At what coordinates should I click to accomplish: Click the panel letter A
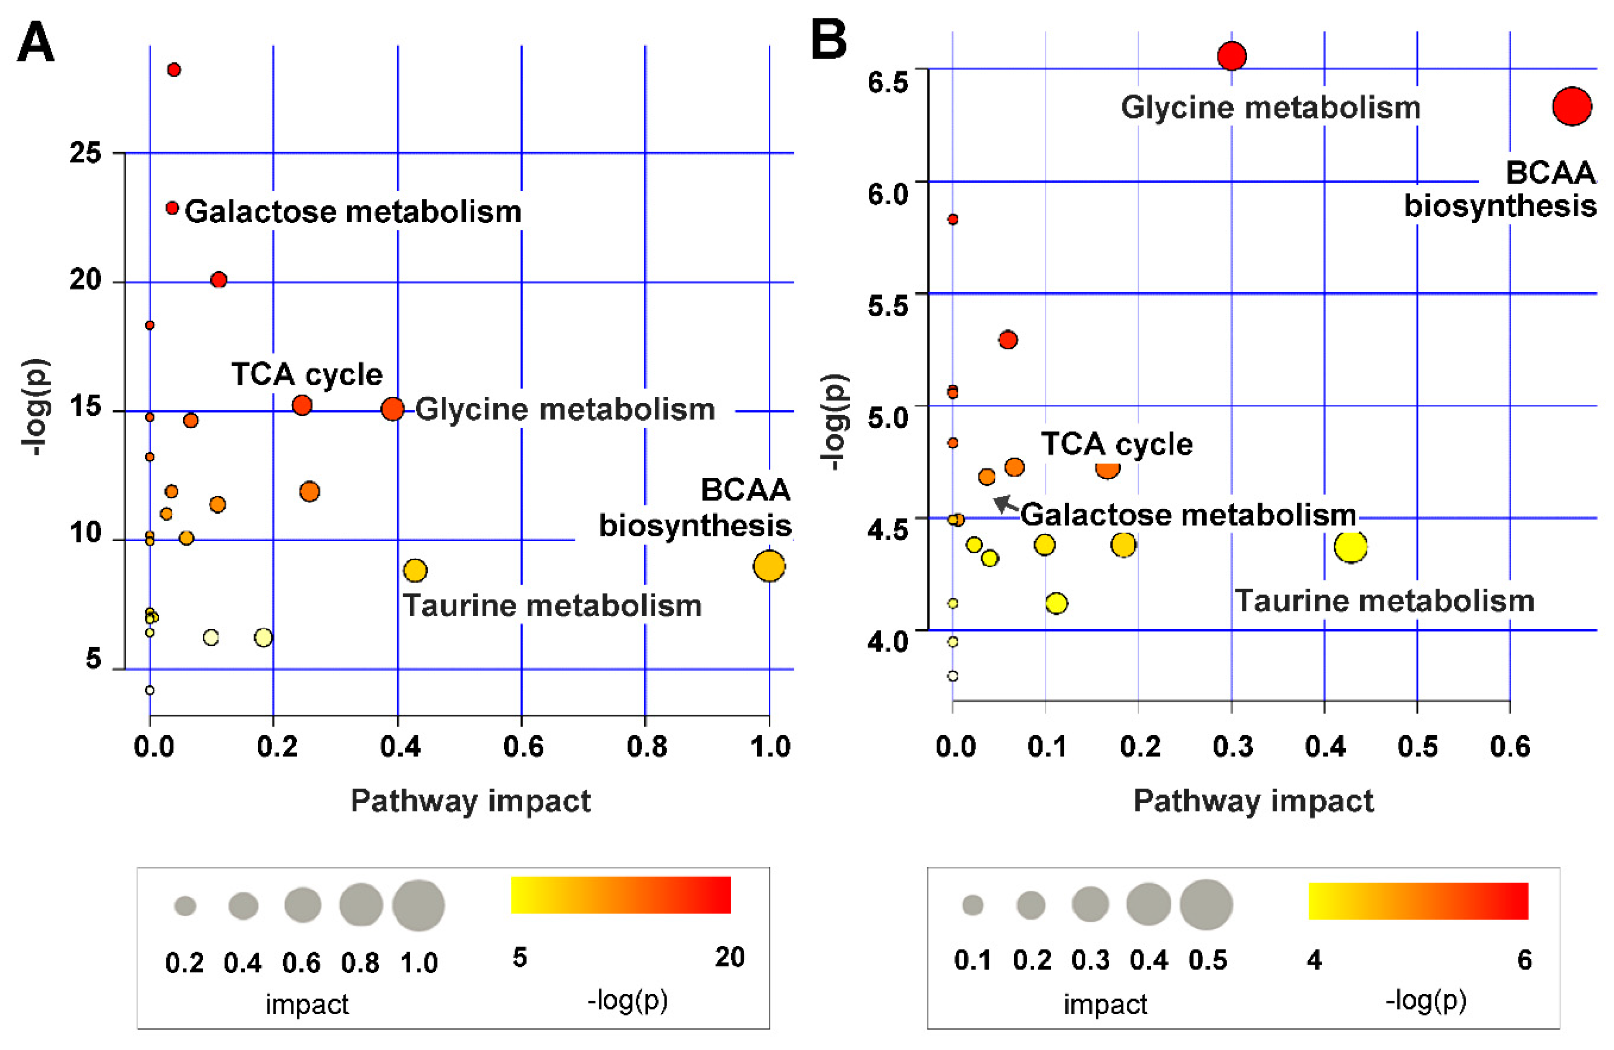coord(35,42)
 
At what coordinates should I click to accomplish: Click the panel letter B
coord(829,39)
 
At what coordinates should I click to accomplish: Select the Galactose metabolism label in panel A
coord(352,211)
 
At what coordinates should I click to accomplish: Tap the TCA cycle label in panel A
coord(307,374)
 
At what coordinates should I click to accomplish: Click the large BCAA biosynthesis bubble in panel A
coord(768,566)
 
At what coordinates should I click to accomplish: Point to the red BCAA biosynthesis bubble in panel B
coord(1571,106)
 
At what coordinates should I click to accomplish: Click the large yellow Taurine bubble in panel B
coord(1350,546)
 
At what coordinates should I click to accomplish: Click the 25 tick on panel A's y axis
coord(85,153)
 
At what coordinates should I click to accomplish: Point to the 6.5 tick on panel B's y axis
coord(887,82)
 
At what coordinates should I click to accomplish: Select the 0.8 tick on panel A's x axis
coord(646,747)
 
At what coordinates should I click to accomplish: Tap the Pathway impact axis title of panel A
coord(471,801)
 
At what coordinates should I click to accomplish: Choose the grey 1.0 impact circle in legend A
coord(418,905)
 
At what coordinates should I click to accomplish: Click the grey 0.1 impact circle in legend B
coord(972,905)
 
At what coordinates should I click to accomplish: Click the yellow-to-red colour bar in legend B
coord(1418,901)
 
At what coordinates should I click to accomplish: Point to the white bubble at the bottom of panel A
coord(150,691)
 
